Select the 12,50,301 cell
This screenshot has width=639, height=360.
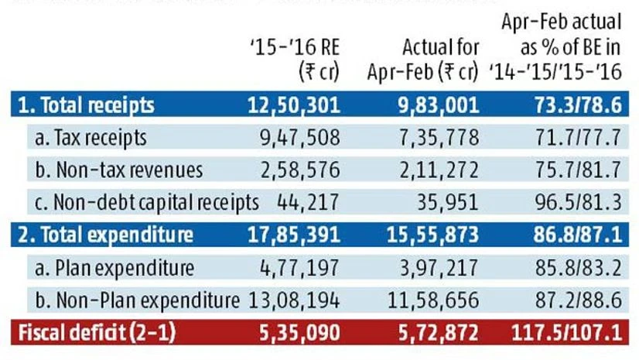pos(295,105)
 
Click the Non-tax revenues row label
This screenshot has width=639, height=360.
pos(119,170)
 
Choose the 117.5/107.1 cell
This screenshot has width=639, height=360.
pos(566,333)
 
